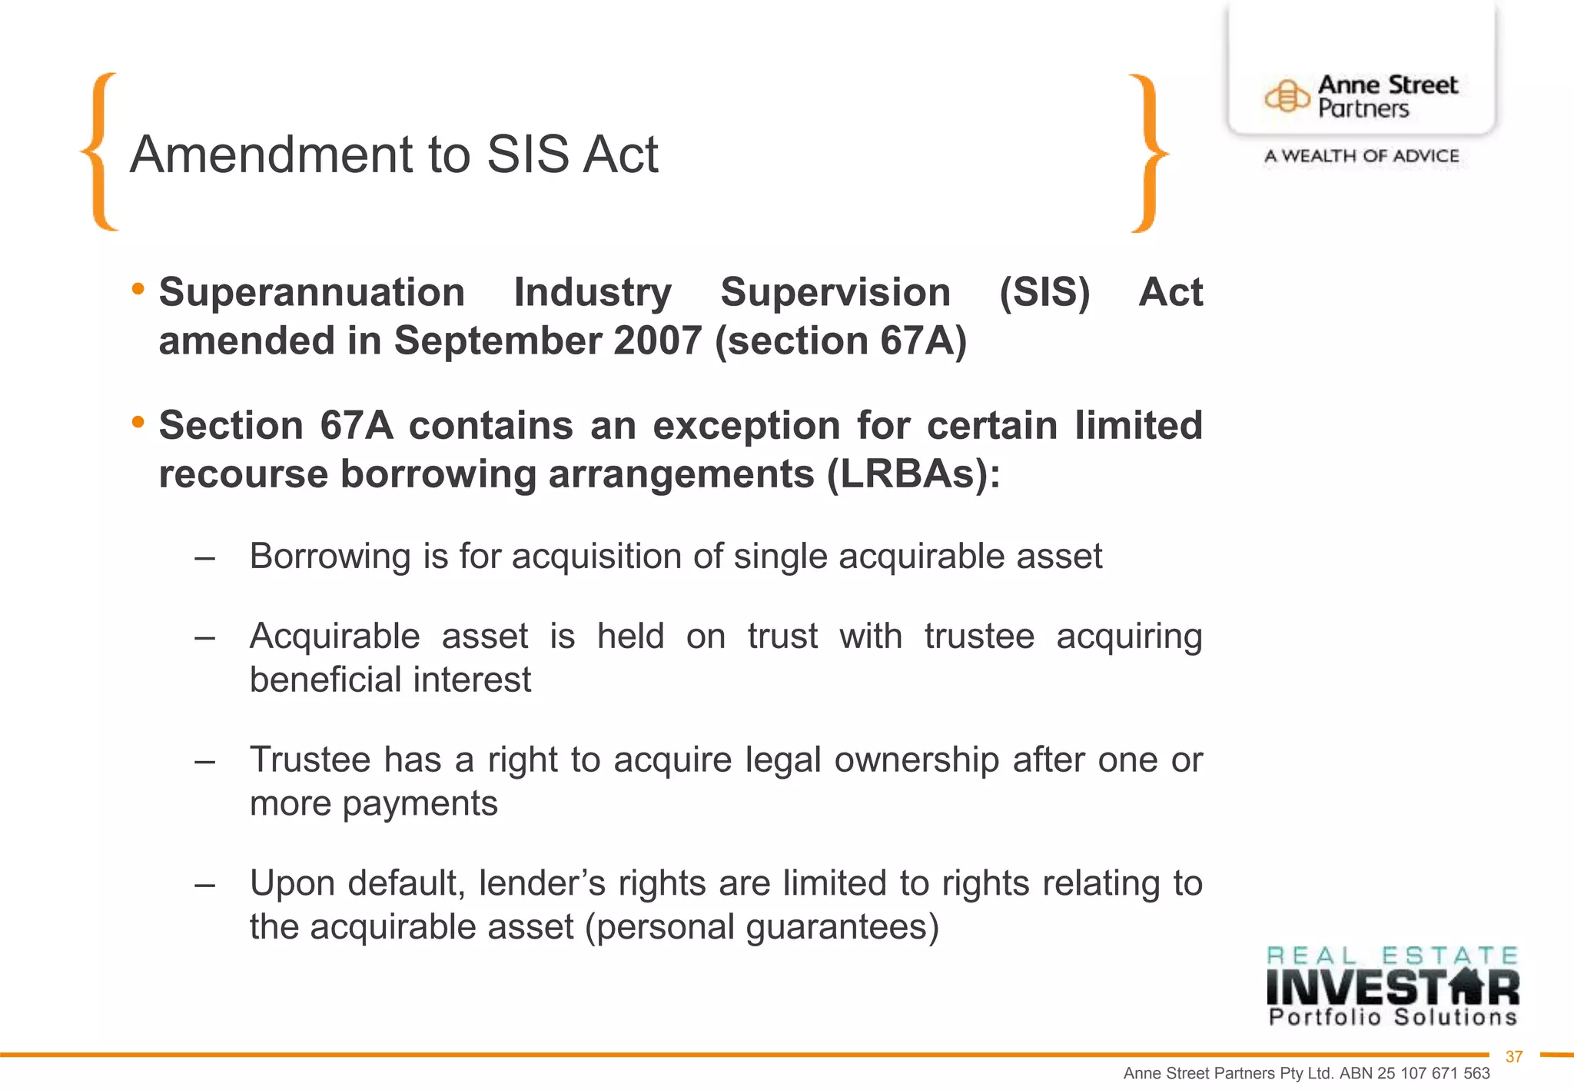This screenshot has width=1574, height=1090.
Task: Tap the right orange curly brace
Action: tap(1148, 153)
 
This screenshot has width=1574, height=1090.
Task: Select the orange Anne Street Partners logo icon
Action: tap(1287, 97)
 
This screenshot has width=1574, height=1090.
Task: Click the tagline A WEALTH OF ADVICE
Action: tap(1361, 156)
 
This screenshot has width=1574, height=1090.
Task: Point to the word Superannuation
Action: tap(312, 293)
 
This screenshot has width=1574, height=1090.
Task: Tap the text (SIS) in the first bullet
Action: tap(1044, 293)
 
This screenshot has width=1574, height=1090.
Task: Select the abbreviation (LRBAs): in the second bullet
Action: tap(914, 474)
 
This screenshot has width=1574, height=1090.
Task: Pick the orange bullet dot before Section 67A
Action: tap(138, 422)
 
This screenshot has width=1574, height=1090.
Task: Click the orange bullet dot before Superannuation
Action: tap(138, 289)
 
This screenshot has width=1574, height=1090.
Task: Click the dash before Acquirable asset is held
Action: tap(204, 637)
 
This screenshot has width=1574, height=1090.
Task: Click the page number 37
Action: tap(1514, 1057)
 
